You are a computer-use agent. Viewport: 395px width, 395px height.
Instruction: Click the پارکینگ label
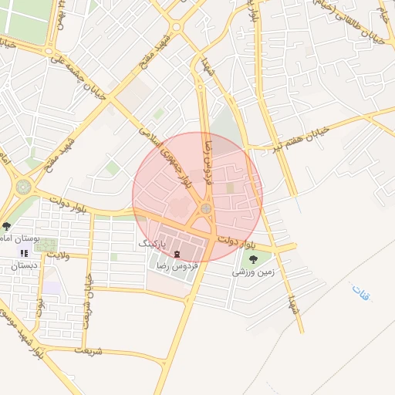152,242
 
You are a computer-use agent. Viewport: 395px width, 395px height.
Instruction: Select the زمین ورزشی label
252,272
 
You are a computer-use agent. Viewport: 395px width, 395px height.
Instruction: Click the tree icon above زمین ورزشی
254,259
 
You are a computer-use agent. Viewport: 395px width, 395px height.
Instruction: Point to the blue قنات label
360,293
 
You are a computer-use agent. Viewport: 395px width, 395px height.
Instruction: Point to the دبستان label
23,265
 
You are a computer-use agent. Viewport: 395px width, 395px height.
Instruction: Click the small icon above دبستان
24,252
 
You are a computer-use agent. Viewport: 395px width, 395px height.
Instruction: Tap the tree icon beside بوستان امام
7,226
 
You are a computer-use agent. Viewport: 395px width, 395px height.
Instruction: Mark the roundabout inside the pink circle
206,208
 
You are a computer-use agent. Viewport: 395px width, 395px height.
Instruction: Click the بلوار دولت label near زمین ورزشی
235,241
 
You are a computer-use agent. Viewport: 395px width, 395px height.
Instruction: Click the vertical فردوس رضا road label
207,163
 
